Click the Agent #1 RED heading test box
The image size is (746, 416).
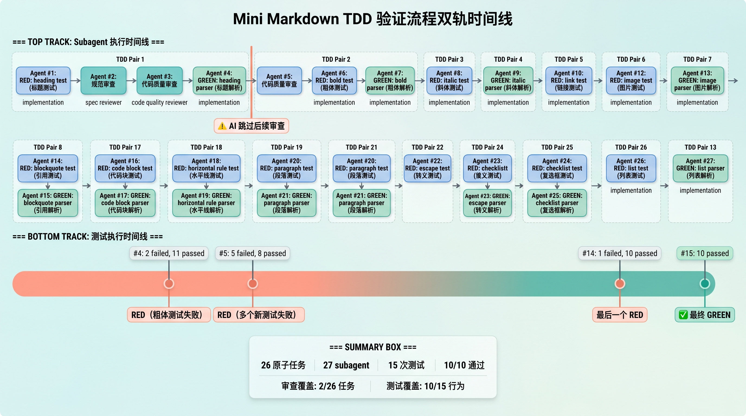click(x=43, y=80)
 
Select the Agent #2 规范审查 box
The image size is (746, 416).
click(x=103, y=80)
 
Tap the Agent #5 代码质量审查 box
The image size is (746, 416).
click(x=279, y=80)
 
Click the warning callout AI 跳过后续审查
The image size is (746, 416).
click(x=251, y=126)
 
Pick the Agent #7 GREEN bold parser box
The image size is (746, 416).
click(x=390, y=80)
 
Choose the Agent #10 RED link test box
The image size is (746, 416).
click(x=568, y=80)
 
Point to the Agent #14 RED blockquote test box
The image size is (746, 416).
click(x=48, y=168)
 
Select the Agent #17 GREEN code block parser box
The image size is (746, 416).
click(x=125, y=203)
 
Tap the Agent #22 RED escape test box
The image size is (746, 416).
click(x=427, y=168)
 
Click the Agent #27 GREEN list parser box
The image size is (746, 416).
click(x=700, y=168)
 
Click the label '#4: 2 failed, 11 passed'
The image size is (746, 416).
click(x=169, y=253)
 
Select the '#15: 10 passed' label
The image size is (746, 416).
click(x=705, y=253)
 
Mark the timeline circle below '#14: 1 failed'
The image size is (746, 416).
click(x=620, y=284)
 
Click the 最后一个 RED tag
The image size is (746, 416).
click(x=620, y=315)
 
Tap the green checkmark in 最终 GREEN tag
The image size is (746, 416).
click(x=683, y=315)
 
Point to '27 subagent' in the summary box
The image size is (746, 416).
click(x=346, y=365)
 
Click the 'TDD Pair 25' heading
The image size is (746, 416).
click(x=557, y=147)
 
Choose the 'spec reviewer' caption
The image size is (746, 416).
click(x=103, y=102)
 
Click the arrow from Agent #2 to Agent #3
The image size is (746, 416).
click(x=131, y=81)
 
